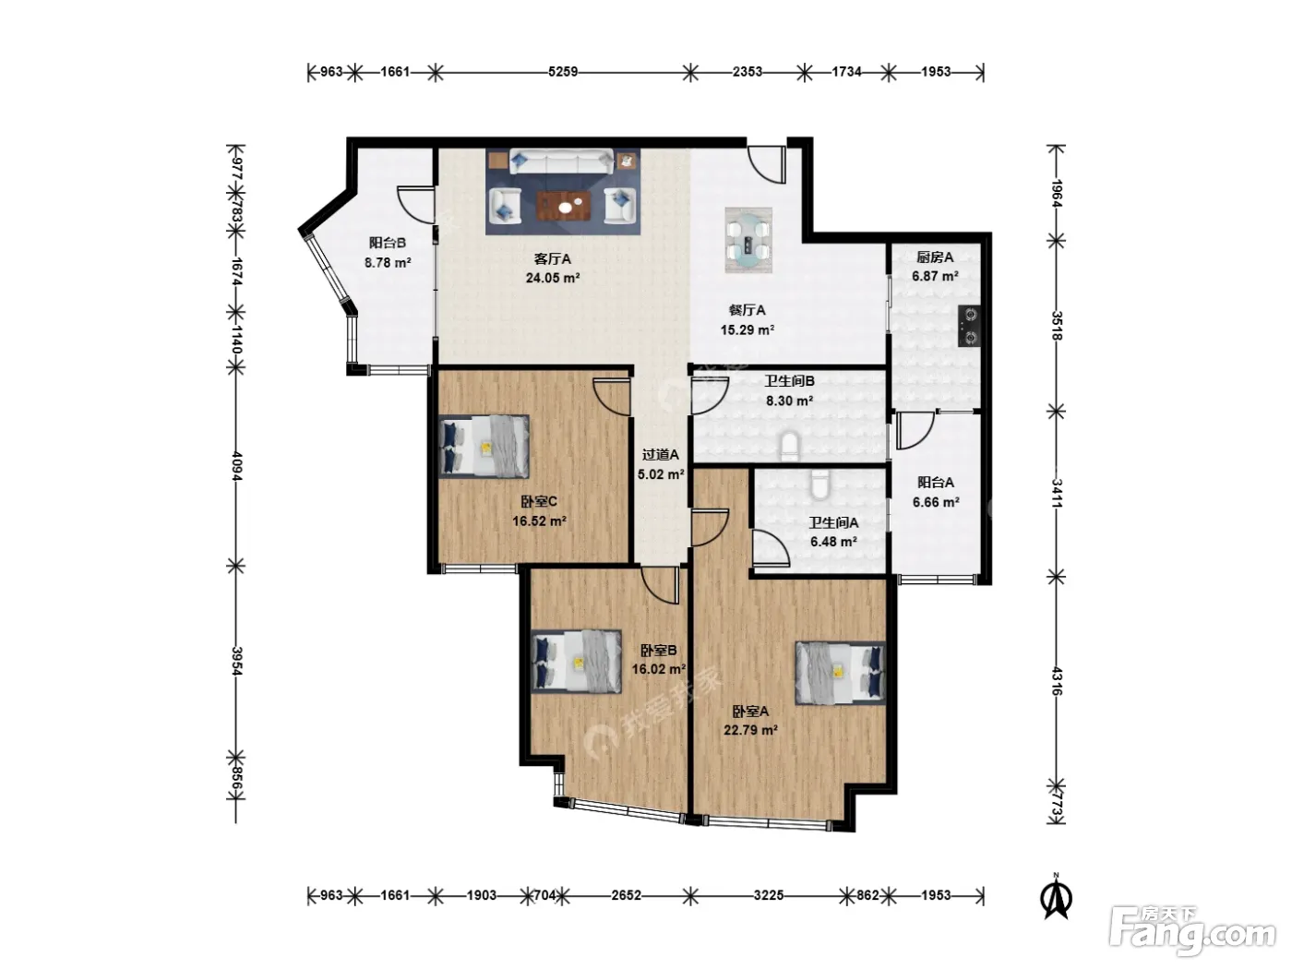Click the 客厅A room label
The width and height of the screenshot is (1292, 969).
552,259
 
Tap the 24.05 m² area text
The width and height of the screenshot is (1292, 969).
553,278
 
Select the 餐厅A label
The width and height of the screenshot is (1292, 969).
747,310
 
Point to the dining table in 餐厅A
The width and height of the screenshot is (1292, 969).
748,241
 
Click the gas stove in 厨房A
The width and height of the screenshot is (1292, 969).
968,326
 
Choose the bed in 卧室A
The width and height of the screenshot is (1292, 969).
840,673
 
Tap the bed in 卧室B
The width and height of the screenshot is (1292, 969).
576,662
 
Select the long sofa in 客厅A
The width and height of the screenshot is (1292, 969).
561,161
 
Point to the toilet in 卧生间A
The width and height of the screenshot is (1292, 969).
819,484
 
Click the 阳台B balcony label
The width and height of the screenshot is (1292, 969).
388,243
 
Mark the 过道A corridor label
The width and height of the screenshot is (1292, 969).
660,455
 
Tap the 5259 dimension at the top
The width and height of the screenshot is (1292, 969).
563,72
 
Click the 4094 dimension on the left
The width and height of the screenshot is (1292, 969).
236,466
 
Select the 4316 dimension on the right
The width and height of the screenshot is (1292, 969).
1057,681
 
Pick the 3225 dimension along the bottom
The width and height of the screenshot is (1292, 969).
768,895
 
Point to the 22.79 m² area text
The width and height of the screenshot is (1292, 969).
750,731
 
